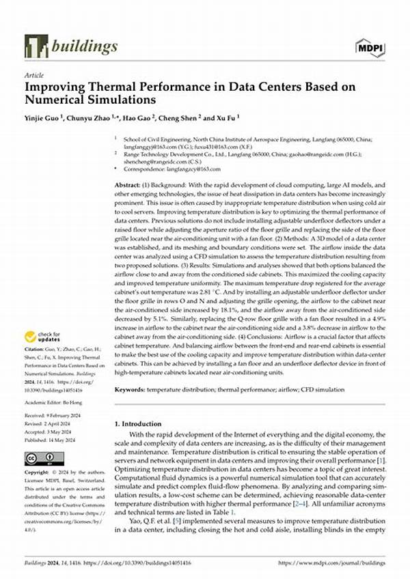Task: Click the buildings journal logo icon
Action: [x=36, y=46]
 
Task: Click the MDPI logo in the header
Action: [x=369, y=46]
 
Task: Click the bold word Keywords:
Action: [x=130, y=389]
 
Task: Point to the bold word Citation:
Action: [x=34, y=355]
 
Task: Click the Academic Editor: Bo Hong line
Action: [x=55, y=404]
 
